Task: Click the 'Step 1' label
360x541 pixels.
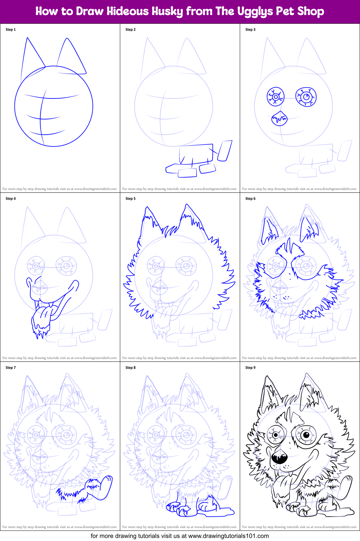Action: (x=10, y=29)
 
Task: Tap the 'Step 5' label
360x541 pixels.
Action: (x=130, y=199)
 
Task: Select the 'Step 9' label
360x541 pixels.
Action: (x=250, y=368)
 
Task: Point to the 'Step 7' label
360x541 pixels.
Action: (x=10, y=368)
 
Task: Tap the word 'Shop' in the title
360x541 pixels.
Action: (x=311, y=11)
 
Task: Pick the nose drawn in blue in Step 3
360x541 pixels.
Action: (x=279, y=118)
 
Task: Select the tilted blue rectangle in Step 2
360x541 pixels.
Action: (x=225, y=150)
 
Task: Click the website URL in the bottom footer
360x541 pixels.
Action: (x=228, y=536)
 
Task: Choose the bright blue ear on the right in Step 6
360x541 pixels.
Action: (x=309, y=229)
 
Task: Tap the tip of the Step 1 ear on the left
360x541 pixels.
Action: (x=27, y=38)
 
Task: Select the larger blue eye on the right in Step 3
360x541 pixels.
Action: (x=306, y=97)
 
